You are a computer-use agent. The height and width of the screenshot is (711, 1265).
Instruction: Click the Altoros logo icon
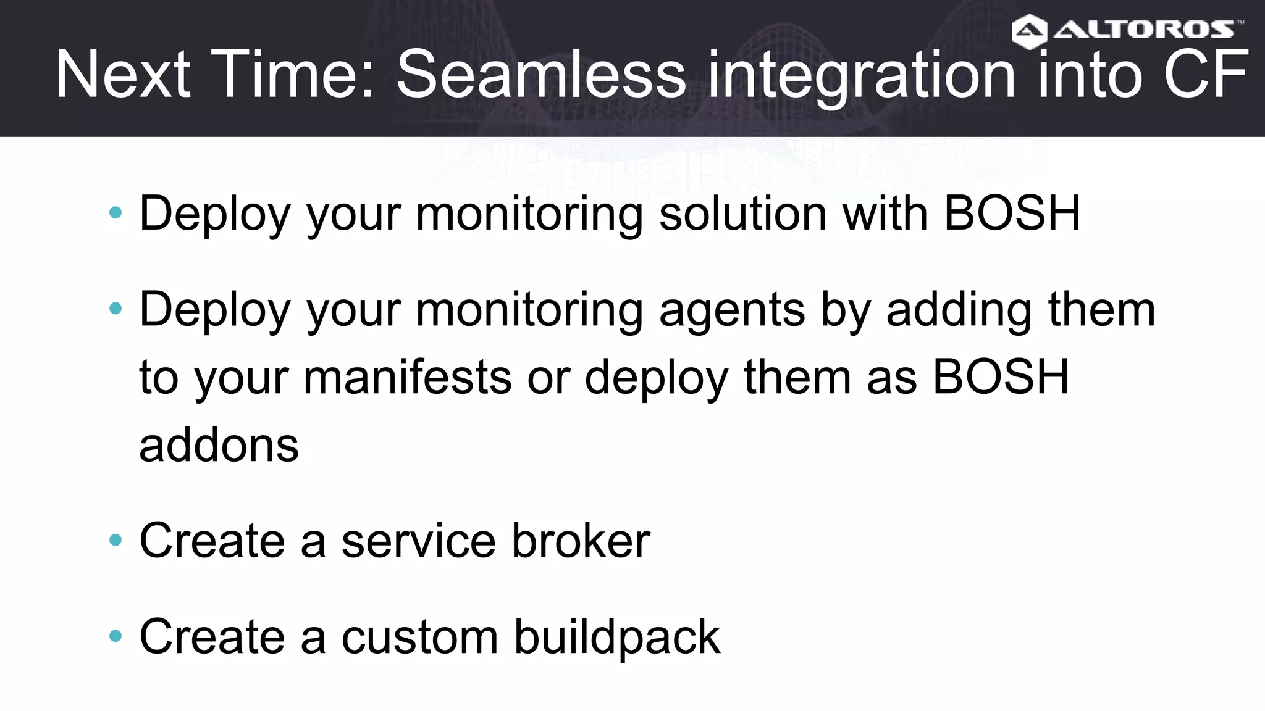click(x=1030, y=31)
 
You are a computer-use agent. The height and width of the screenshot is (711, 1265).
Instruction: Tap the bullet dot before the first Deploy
click(x=116, y=213)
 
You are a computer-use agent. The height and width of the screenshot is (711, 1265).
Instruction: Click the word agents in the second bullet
click(x=731, y=310)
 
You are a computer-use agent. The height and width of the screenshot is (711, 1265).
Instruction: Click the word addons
click(x=219, y=445)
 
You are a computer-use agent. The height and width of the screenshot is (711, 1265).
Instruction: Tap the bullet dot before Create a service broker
click(x=116, y=541)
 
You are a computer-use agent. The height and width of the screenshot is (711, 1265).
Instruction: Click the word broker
click(x=581, y=541)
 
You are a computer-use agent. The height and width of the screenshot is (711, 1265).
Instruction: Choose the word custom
click(x=419, y=638)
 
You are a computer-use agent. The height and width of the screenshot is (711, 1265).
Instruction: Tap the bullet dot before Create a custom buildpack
click(x=116, y=636)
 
